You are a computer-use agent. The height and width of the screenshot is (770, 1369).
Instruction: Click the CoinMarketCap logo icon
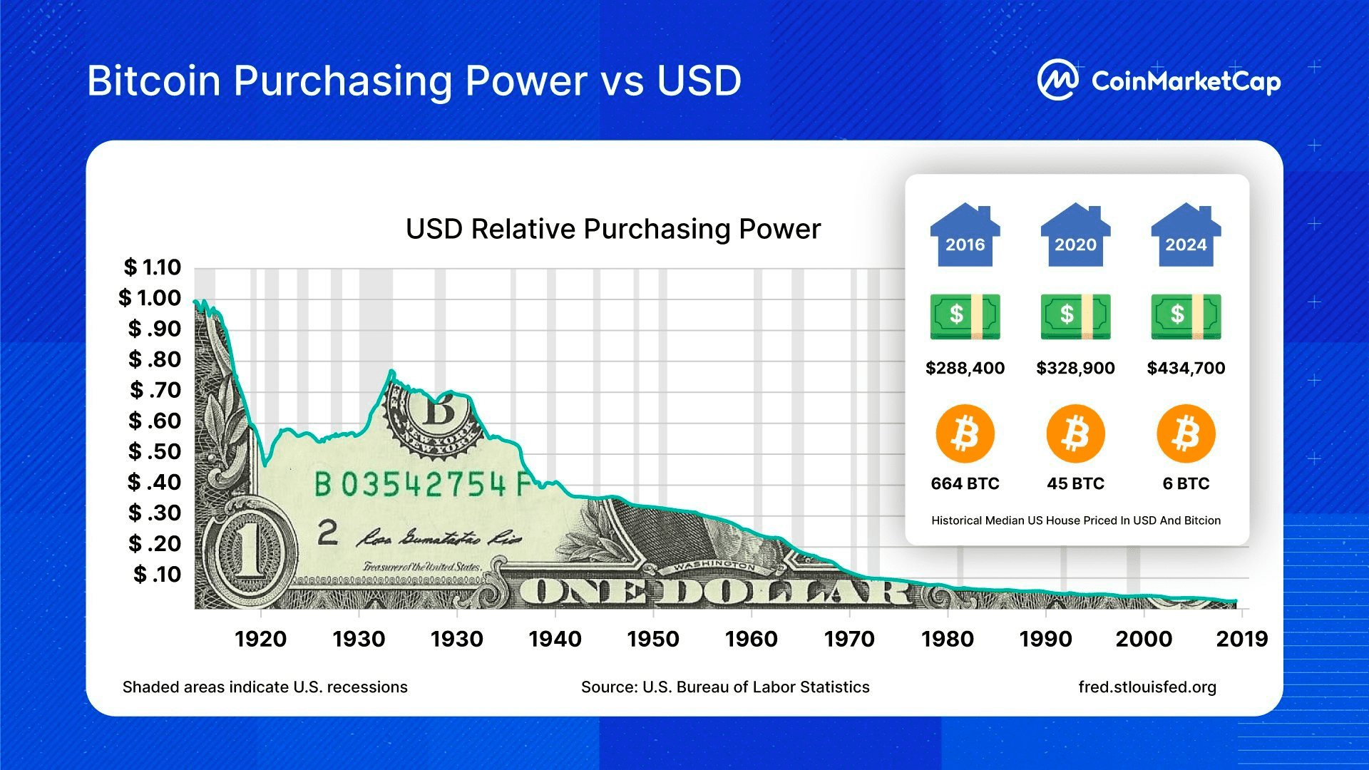tap(1057, 80)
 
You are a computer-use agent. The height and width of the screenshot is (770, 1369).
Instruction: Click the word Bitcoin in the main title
tap(153, 81)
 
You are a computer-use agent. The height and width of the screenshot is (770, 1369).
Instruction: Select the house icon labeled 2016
tap(965, 235)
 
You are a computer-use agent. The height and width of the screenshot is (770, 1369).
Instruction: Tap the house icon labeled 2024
tap(1186, 235)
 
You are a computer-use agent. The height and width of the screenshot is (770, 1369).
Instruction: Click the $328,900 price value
tap(1075, 368)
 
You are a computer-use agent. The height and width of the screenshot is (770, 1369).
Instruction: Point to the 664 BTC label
tap(965, 483)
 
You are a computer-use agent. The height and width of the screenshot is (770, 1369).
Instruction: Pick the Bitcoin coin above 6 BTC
tap(1186, 433)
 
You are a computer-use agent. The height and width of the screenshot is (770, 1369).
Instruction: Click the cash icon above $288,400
tap(965, 316)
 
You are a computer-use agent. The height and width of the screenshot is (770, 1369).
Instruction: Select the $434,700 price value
tap(1186, 368)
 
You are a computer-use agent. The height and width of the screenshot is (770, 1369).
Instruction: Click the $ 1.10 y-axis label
tap(152, 267)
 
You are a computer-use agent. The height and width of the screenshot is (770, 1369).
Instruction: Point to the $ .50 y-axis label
tap(155, 451)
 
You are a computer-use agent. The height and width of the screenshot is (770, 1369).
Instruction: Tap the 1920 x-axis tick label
tap(260, 639)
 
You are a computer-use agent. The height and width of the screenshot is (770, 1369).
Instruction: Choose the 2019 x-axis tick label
tap(1241, 639)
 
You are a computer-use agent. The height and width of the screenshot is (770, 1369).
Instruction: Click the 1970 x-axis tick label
tap(849, 639)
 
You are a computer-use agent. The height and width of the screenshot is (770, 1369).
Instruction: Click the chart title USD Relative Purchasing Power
tap(613, 229)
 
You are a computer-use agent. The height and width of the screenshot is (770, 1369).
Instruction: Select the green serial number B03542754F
tap(424, 485)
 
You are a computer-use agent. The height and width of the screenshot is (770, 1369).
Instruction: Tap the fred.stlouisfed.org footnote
tap(1147, 687)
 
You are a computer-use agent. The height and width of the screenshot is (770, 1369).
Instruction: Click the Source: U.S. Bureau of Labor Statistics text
tap(725, 687)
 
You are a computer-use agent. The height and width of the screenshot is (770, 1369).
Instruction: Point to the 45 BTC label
tap(1075, 483)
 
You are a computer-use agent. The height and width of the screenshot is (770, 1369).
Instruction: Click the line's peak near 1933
tap(391, 371)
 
